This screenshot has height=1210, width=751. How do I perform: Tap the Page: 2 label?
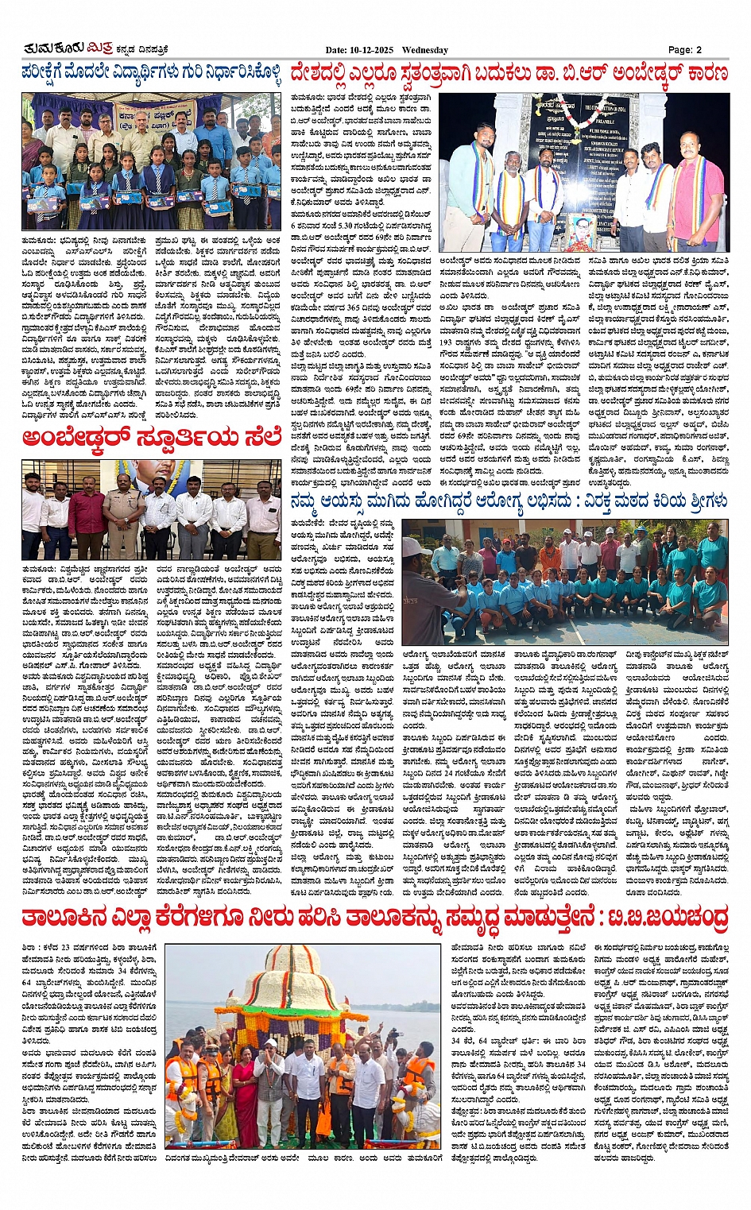click(x=684, y=50)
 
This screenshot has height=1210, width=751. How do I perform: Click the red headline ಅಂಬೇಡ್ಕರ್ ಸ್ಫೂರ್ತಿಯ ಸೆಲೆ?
click(x=151, y=438)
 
